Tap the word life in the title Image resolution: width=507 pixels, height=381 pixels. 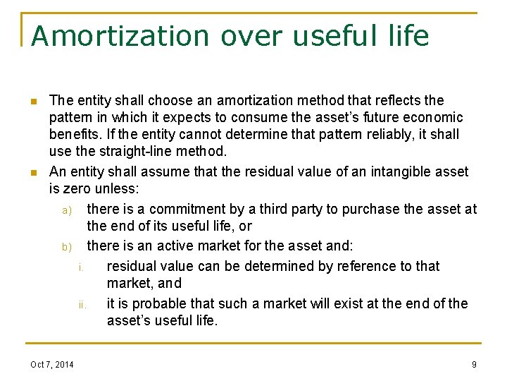coord(406,36)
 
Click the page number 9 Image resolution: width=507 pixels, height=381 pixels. coord(474,364)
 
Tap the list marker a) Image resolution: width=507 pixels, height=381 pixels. coord(67,210)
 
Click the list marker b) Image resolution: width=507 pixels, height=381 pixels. coord(67,247)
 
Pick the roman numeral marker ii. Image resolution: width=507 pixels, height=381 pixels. coord(82,306)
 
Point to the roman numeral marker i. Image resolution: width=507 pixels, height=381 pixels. coord(82,267)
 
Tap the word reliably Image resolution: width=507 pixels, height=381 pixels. coord(379,134)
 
